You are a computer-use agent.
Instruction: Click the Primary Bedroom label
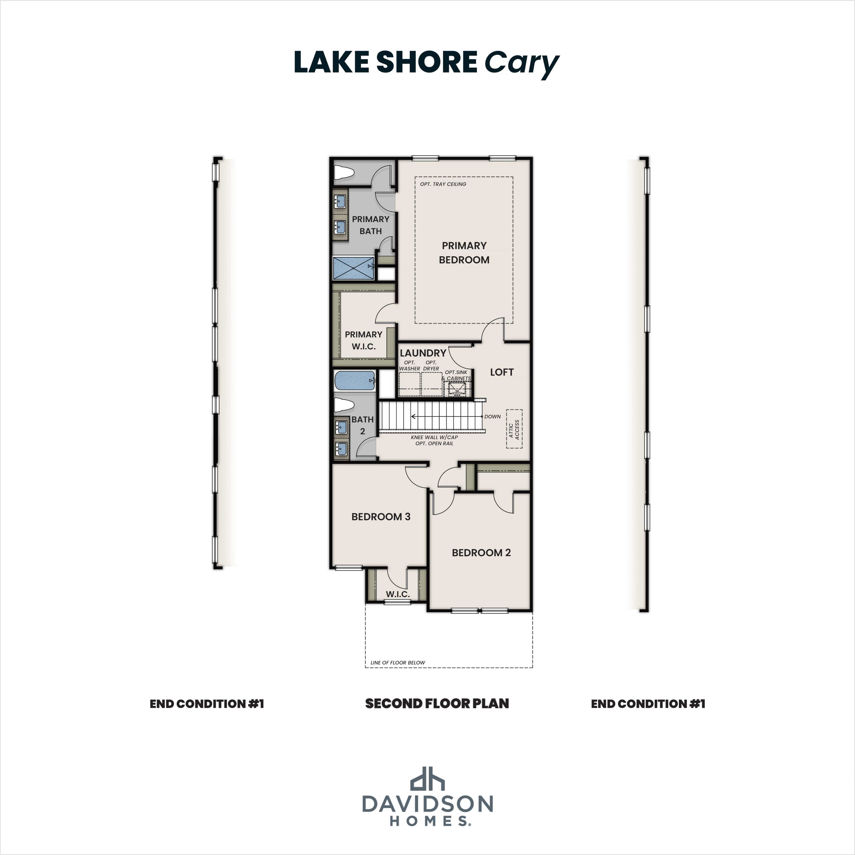coord(464,253)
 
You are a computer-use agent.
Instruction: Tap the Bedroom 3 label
coord(381,517)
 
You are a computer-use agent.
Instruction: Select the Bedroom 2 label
coord(481,552)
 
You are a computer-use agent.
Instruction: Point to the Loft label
coord(501,372)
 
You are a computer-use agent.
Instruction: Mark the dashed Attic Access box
coord(514,428)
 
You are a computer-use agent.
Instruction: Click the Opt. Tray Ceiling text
coord(443,184)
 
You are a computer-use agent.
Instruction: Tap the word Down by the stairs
coord(492,416)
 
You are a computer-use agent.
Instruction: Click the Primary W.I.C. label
coord(363,340)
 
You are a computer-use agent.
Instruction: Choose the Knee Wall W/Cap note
coord(434,437)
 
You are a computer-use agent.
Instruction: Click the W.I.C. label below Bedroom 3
coord(397,594)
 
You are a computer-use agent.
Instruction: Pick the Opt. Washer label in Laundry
coord(409,366)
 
